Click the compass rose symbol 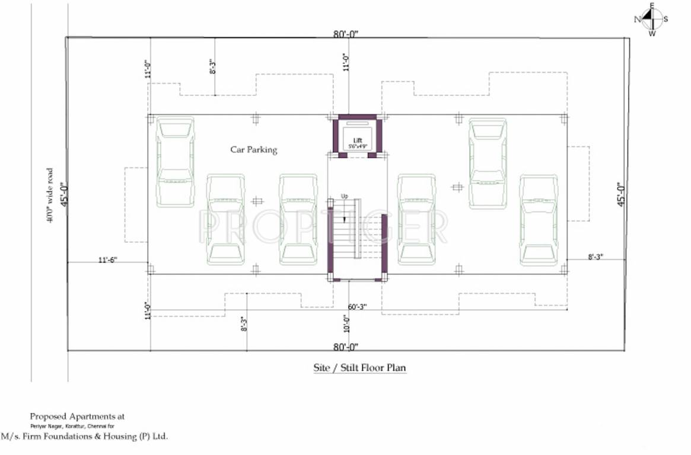click(x=651, y=19)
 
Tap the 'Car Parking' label click(x=253, y=150)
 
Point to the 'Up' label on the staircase click(x=344, y=196)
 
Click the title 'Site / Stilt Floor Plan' click(x=359, y=368)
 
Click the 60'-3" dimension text click(x=357, y=306)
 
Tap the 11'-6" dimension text click(x=107, y=259)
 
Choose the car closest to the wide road click(x=175, y=161)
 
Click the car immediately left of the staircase click(x=298, y=219)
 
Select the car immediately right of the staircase click(x=416, y=219)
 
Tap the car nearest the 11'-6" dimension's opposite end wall click(x=539, y=219)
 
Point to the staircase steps click(x=346, y=237)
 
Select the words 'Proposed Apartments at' click(x=77, y=416)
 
